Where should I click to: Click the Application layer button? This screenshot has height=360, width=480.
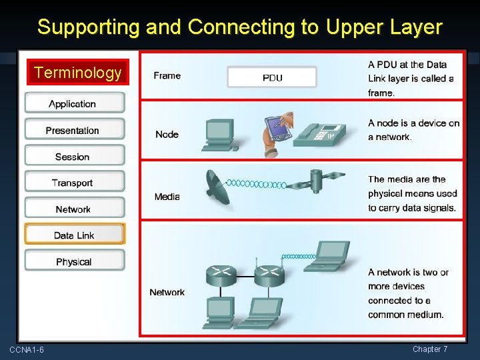tap(74, 103)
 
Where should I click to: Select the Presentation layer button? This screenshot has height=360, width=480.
tap(74, 130)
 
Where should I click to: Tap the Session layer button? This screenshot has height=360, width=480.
tap(74, 157)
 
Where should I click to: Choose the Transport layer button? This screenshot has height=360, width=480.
tap(74, 183)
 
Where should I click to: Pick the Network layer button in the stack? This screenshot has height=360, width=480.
tap(74, 209)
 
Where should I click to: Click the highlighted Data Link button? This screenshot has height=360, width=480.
tap(74, 235)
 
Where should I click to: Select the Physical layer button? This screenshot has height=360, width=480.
tap(74, 261)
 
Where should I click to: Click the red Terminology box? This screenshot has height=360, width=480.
tap(78, 72)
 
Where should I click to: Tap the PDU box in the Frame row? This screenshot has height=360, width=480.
tap(272, 77)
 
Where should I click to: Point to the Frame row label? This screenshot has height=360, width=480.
tap(167, 75)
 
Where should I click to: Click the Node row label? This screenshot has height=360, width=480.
tap(167, 134)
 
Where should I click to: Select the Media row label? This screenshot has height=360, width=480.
tap(167, 197)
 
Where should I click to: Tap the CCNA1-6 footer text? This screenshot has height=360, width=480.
tap(27, 350)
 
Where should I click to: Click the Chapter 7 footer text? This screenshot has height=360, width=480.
tap(430, 349)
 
